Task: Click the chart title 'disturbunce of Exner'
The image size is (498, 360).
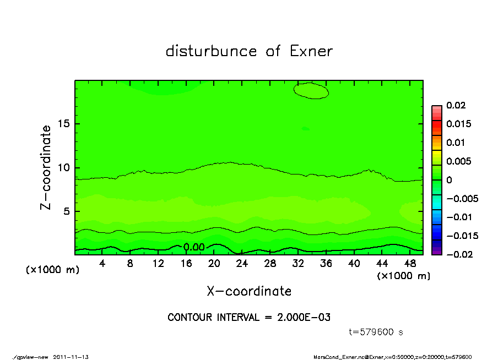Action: coord(249,51)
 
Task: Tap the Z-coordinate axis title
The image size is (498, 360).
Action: coord(46,167)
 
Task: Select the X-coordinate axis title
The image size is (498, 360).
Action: coord(249,291)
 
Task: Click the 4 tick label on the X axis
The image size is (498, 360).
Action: coord(102,264)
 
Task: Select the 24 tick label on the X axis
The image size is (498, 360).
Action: coord(242,264)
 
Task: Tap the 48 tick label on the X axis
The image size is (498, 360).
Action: coord(410,264)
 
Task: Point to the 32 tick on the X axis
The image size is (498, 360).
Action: coord(298,264)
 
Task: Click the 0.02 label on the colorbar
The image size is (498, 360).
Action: coord(456,105)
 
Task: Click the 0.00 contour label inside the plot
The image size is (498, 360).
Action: coord(194,247)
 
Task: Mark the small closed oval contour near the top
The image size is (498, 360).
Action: coord(311,91)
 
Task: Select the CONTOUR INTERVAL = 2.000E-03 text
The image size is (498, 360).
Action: coord(249,318)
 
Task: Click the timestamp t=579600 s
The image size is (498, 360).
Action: coord(376,332)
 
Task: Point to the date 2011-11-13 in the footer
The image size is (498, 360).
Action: coord(71,357)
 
